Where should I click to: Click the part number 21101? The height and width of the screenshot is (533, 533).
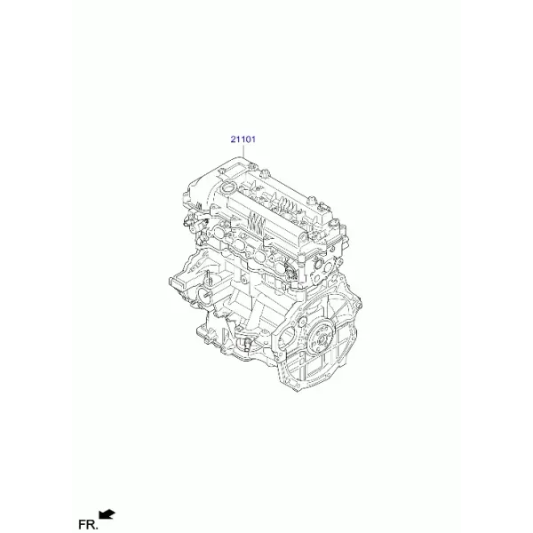click(243, 139)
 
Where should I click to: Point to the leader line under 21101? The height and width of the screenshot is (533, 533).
click(243, 152)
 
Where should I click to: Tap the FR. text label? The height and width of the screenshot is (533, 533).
click(88, 524)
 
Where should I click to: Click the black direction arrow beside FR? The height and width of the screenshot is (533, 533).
click(107, 514)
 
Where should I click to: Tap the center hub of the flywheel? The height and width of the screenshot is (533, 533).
click(322, 340)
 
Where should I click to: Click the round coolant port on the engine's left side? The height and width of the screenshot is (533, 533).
click(204, 293)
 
